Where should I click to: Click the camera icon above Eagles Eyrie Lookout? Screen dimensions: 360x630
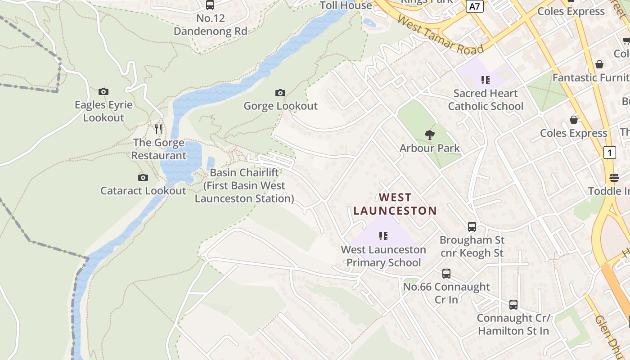pos(103,92)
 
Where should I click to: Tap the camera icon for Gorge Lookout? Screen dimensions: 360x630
pos(280,93)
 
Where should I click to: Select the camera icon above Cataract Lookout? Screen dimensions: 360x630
pos(143,178)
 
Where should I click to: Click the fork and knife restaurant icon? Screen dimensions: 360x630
pos(158,130)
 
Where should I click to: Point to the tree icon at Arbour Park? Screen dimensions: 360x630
pos(430,135)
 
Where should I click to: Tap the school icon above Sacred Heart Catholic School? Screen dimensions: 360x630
pos(485,80)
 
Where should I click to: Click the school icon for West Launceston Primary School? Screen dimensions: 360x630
pos(383,236)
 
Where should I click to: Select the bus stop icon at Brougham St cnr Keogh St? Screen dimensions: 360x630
pos(472,227)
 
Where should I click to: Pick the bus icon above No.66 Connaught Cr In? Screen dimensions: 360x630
pos(446,274)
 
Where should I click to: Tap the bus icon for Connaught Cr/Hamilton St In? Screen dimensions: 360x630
pos(513,305)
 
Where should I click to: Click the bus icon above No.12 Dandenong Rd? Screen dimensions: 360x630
pos(210,5)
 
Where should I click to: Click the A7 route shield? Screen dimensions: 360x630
pos(475,7)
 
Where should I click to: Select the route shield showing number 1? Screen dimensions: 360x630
pos(609,153)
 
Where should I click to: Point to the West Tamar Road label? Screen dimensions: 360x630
pos(441,36)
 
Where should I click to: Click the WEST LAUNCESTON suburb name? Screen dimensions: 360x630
pos(395,204)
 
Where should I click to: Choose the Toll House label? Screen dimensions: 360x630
pos(346,5)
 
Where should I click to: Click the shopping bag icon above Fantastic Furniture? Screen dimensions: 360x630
pos(599,65)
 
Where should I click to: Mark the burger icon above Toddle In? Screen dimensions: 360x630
pos(614,178)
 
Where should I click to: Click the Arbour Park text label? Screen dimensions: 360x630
pos(430,148)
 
